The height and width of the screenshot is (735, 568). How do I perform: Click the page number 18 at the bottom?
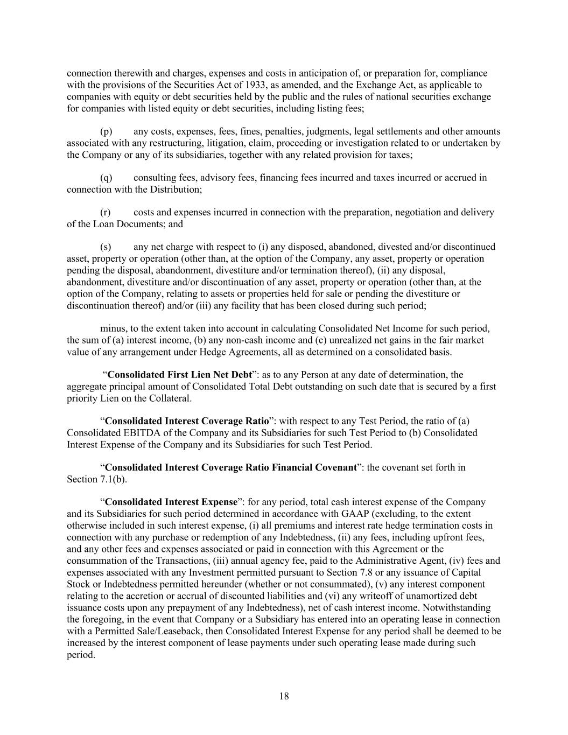[284, 696]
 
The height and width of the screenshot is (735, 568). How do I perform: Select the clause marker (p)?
[106, 131]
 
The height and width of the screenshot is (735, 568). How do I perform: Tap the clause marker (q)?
[106, 178]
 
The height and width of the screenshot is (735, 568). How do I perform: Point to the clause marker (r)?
[106, 212]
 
